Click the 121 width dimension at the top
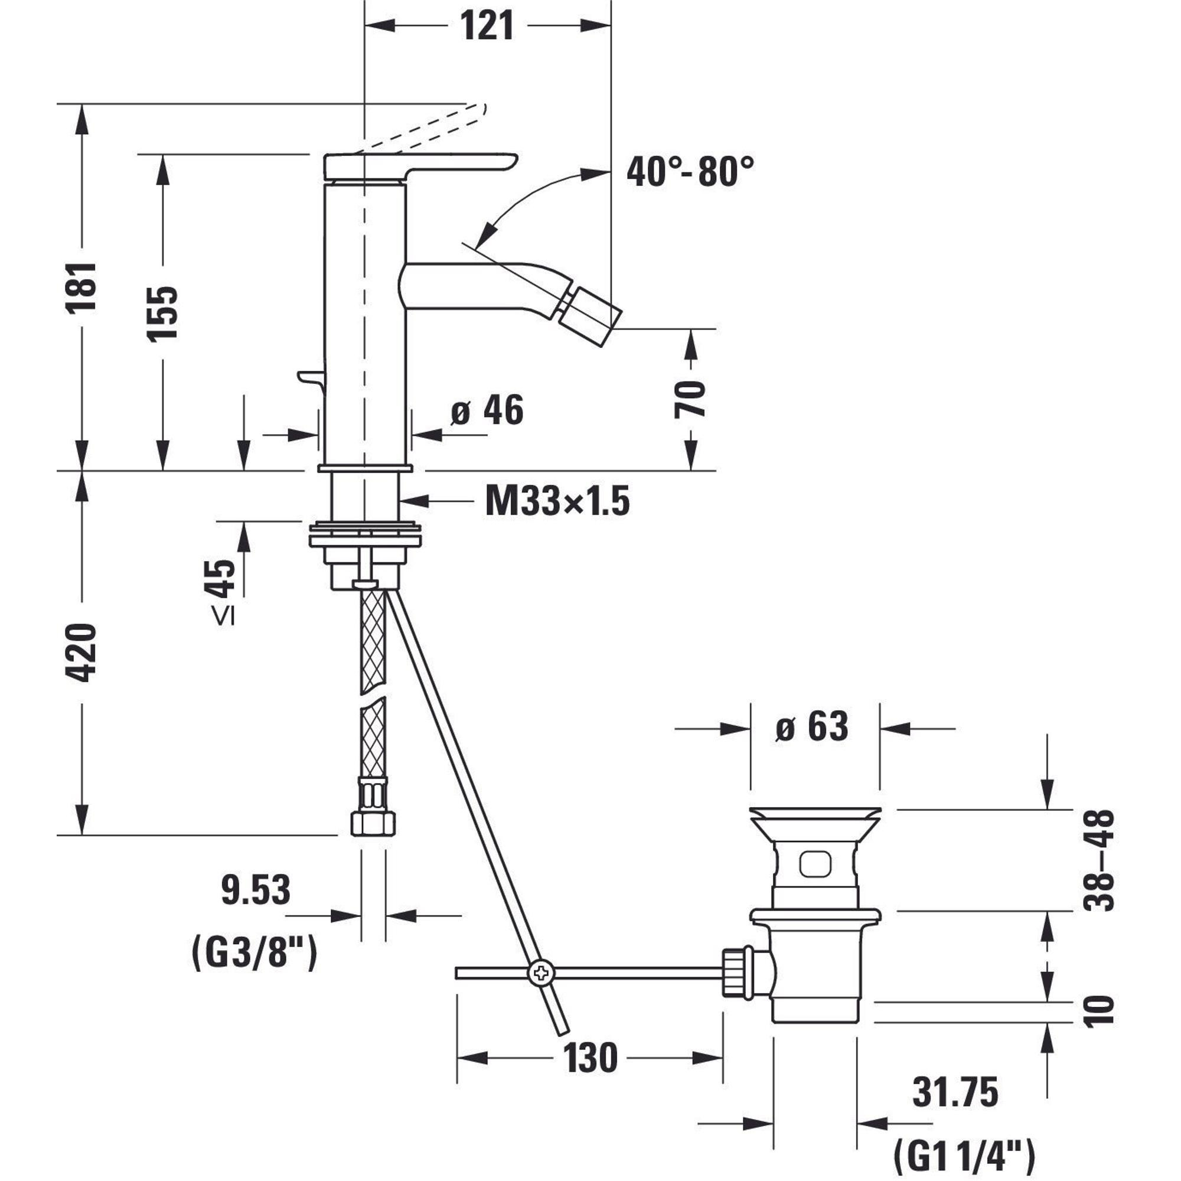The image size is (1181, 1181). [x=487, y=27]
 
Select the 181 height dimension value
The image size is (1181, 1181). [x=82, y=288]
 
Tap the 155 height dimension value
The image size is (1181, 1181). [x=162, y=313]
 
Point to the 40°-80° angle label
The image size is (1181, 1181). [x=690, y=171]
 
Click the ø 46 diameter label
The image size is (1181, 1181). [x=487, y=410]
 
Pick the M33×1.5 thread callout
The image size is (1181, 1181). [x=557, y=502]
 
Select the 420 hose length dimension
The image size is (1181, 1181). [x=82, y=653]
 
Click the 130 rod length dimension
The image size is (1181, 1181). [x=590, y=1059]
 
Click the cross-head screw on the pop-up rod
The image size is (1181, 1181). [x=541, y=973]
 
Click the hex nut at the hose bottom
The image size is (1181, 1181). [x=373, y=823]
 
